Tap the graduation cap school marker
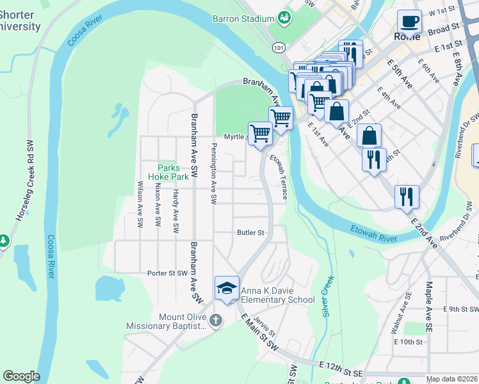pos(227,289)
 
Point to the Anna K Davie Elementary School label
pos(278,295)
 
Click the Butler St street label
pos(250,232)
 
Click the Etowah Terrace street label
pos(278,175)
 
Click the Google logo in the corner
pos(21,376)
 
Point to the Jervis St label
pos(264,324)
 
